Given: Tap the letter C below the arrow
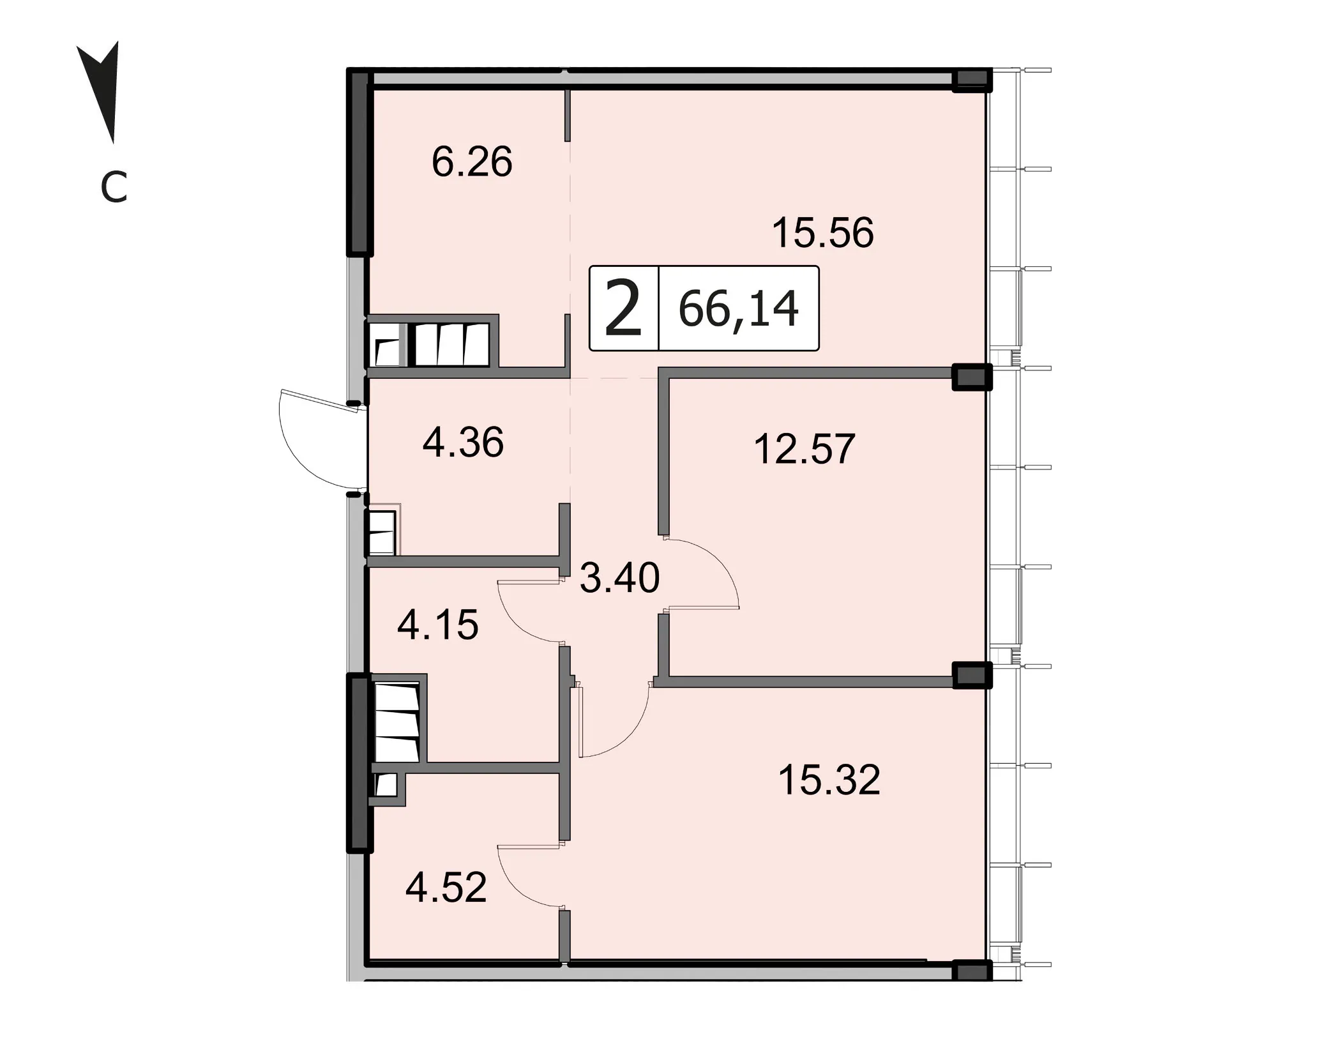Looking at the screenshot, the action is [114, 188].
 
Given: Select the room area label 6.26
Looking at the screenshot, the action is [472, 162].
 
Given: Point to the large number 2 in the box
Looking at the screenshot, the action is [623, 309].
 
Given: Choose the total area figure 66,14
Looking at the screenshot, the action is [738, 309].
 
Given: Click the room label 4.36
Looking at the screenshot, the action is [463, 442].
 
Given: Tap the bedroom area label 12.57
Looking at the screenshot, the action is [805, 449].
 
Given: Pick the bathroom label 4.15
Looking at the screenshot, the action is [437, 625].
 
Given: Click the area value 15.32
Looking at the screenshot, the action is [829, 780].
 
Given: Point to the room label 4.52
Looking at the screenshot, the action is [446, 887].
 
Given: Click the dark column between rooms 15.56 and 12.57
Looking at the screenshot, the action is [972, 377].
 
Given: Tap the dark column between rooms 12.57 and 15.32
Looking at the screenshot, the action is [972, 675].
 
